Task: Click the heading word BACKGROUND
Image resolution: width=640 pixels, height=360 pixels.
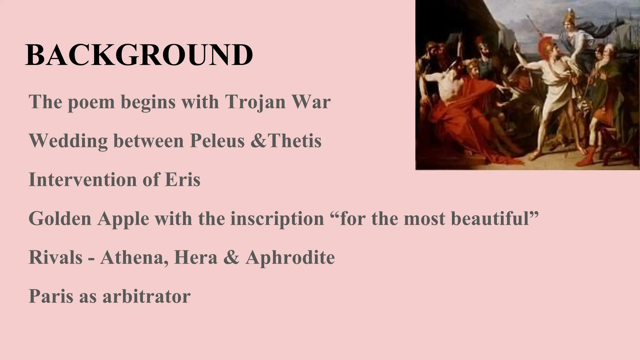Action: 139,55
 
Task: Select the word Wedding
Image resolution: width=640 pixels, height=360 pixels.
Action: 68,141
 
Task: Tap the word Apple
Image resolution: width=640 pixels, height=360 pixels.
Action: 123,219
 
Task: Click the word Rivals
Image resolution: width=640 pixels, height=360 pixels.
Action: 56,257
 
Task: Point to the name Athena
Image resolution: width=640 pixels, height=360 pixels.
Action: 132,257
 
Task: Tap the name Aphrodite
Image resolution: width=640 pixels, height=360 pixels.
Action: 290,258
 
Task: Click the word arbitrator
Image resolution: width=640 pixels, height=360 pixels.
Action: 147,296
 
